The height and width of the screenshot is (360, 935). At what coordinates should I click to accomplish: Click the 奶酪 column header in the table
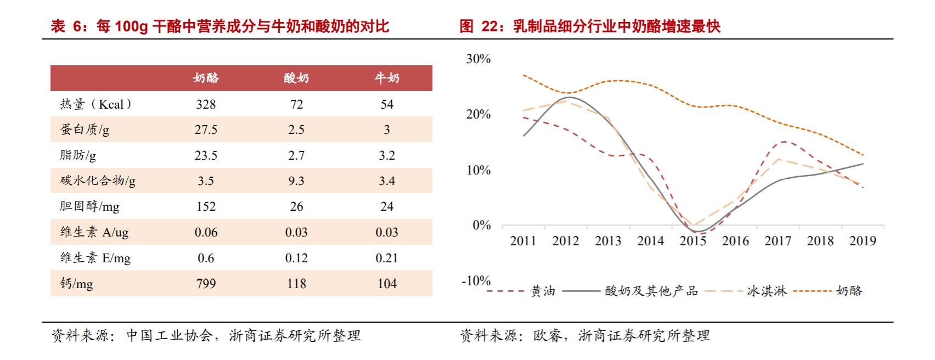(x=206, y=78)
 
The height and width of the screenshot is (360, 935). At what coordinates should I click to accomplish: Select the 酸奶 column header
(x=296, y=78)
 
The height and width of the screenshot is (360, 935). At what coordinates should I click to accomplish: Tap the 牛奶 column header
(x=387, y=78)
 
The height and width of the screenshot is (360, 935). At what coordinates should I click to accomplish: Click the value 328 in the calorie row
(x=206, y=104)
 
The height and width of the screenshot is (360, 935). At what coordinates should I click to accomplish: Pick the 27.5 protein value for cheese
(x=206, y=130)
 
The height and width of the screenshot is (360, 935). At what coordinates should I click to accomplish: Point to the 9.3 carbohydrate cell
(x=296, y=181)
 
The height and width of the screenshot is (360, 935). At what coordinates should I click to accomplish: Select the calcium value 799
(x=206, y=283)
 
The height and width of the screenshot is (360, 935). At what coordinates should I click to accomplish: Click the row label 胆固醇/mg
(x=89, y=206)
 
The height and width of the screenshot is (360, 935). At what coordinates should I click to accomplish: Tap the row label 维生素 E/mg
(x=95, y=258)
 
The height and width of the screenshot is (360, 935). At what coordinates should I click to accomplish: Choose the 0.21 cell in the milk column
(x=387, y=258)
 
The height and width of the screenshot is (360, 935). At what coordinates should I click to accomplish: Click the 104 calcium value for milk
(x=387, y=283)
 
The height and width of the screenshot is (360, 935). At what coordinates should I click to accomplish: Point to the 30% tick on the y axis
(x=478, y=59)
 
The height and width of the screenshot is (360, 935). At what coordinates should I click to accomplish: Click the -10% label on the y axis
(x=476, y=281)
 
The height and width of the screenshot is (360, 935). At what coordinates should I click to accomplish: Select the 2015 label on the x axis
(x=692, y=241)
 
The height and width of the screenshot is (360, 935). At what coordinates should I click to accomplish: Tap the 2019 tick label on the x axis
(x=863, y=241)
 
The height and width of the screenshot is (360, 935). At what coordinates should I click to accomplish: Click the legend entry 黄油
(x=543, y=291)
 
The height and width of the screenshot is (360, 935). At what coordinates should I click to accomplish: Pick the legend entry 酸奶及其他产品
(x=651, y=291)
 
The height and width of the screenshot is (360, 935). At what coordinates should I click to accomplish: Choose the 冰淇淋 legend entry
(x=767, y=291)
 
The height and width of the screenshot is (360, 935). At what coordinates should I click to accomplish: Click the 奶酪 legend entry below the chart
(x=849, y=291)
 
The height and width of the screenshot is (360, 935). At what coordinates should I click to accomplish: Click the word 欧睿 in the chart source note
(x=547, y=335)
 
